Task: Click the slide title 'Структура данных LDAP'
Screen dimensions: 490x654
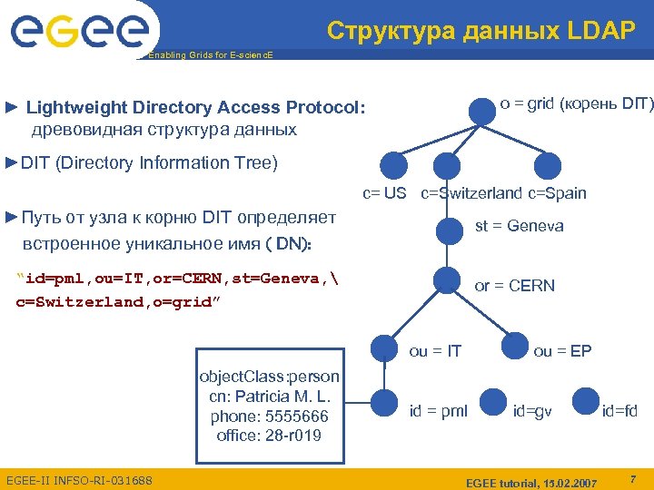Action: [481, 31]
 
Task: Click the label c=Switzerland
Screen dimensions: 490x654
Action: [471, 193]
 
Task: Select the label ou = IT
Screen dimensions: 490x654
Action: [435, 350]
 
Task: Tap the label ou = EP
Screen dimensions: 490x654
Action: [562, 350]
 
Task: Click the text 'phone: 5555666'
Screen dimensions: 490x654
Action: [269, 416]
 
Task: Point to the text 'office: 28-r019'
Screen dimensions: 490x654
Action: [269, 435]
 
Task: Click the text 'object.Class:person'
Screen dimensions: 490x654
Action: [269, 377]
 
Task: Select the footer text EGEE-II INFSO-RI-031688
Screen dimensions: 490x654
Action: [79, 479]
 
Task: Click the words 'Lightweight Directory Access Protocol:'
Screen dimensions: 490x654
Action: [195, 108]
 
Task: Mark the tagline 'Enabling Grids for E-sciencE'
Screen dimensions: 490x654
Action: [209, 55]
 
